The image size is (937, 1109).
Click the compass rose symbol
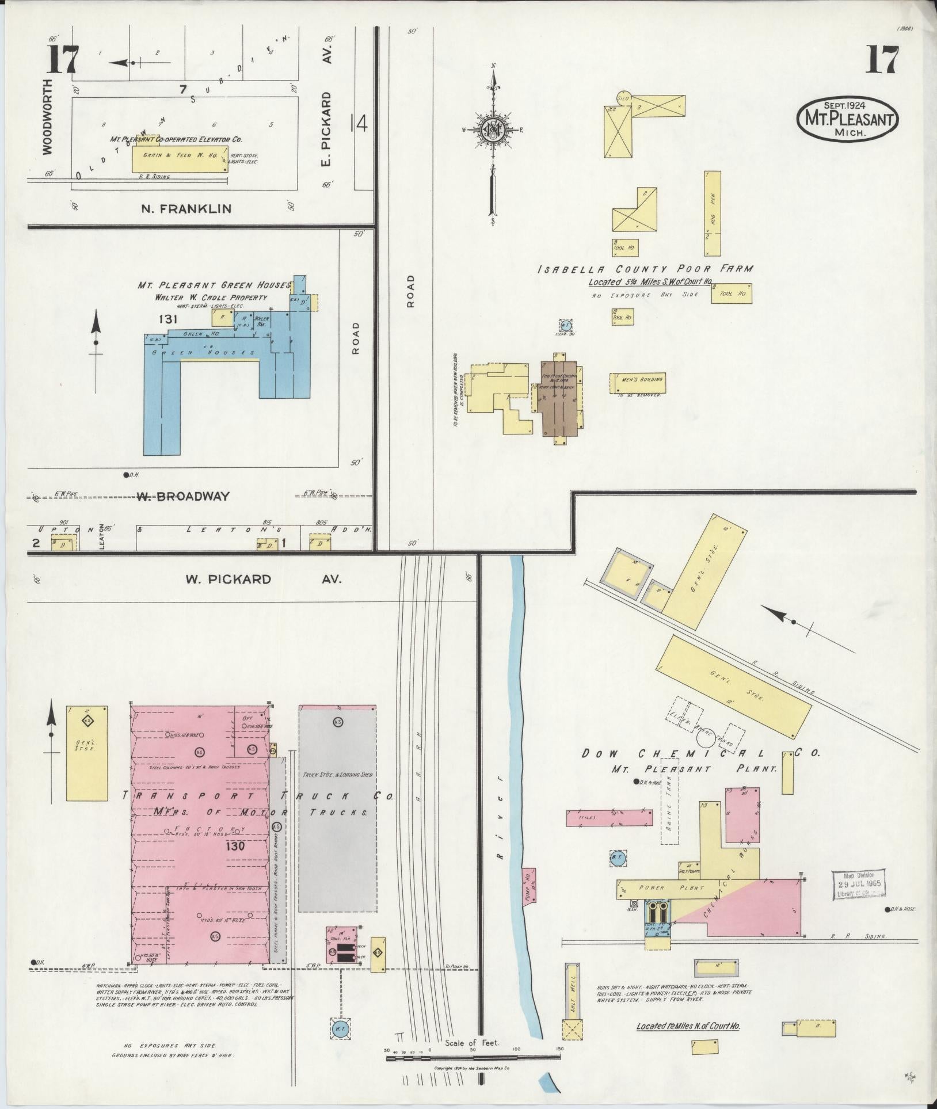pos(493,130)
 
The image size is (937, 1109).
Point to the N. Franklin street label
pos(186,208)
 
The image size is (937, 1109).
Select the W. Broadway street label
pos(182,496)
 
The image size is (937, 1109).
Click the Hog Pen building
pos(713,213)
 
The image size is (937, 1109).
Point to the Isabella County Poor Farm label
pos(645,269)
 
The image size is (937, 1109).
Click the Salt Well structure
pos(572,989)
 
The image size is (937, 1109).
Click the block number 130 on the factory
pos(236,847)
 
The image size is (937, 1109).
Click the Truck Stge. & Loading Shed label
pos(337,774)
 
